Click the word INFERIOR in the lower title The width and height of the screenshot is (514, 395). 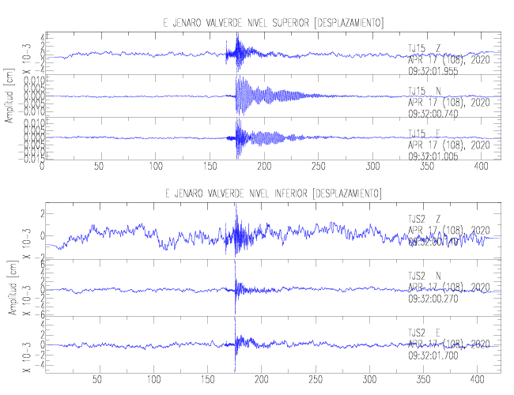pos(288,194)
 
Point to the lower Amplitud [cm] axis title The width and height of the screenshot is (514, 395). pos(9,291)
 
